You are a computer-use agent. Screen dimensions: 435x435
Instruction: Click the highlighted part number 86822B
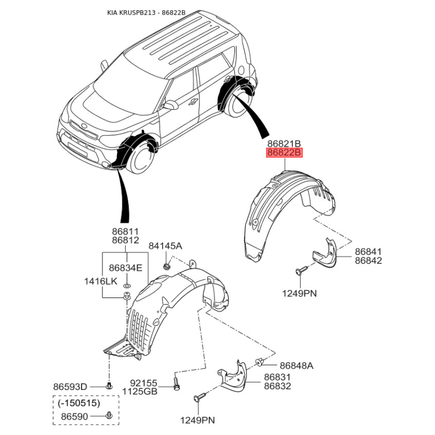coord(283,153)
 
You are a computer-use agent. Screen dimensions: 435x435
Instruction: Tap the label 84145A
coord(166,246)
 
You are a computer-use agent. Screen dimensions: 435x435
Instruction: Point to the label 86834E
coord(125,268)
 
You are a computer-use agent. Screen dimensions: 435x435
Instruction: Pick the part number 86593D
coord(70,387)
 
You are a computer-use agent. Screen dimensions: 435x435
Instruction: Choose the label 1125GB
coord(140,390)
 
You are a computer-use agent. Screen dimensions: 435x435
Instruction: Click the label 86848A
coord(296,365)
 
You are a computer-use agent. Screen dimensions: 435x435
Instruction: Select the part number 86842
coord(369,261)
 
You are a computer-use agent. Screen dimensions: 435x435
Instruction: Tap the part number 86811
coord(125,232)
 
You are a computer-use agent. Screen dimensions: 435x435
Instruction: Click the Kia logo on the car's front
coord(85,128)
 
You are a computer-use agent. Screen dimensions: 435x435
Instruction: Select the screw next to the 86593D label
coord(108,386)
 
